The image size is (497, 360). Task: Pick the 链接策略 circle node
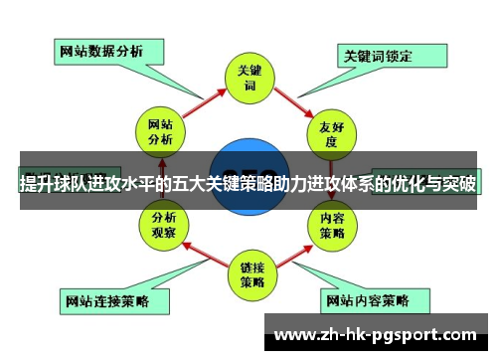(249, 273)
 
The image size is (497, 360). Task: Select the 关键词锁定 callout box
(378, 56)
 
